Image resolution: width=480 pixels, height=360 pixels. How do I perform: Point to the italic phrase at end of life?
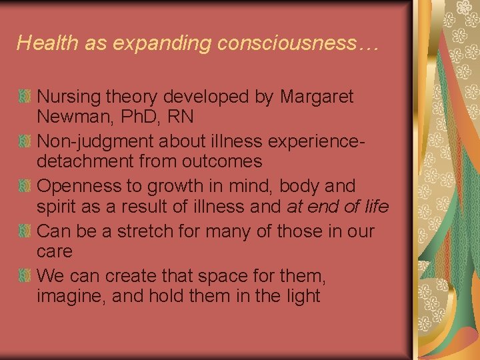337,207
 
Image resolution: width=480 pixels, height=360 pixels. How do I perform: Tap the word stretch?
149,232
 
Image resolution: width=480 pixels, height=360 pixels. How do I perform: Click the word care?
55,252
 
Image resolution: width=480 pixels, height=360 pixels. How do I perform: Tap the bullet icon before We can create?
24,275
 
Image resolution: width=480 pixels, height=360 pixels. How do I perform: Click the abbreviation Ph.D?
142,117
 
